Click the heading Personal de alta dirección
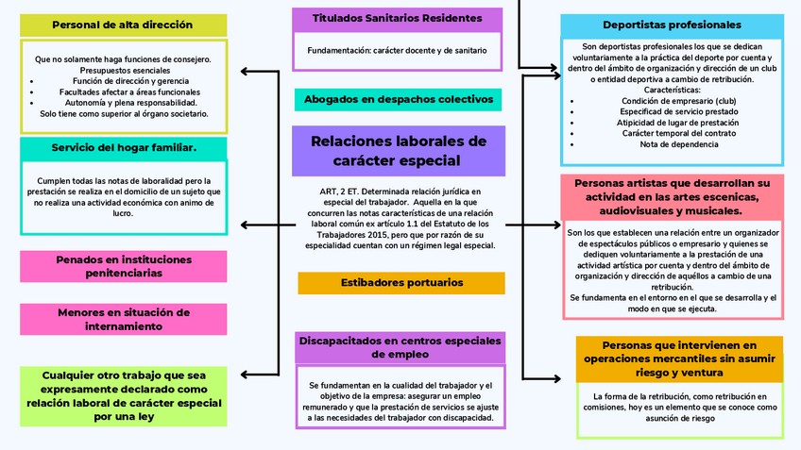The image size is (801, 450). [123, 25]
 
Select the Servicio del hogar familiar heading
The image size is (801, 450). [123, 148]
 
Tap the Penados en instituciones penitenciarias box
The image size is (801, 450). [123, 265]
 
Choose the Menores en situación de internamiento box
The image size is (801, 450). [123, 319]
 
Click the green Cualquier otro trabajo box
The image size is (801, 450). [123, 395]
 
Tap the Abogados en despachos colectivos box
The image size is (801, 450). [398, 99]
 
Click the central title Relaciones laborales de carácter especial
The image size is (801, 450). [398, 151]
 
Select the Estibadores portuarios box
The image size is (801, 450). [401, 282]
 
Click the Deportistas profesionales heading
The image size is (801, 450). [672, 25]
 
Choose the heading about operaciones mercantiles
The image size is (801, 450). [679, 358]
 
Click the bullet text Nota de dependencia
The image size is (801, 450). [672, 144]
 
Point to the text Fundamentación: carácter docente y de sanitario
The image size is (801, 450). [397, 50]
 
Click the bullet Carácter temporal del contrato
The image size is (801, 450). [672, 133]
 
